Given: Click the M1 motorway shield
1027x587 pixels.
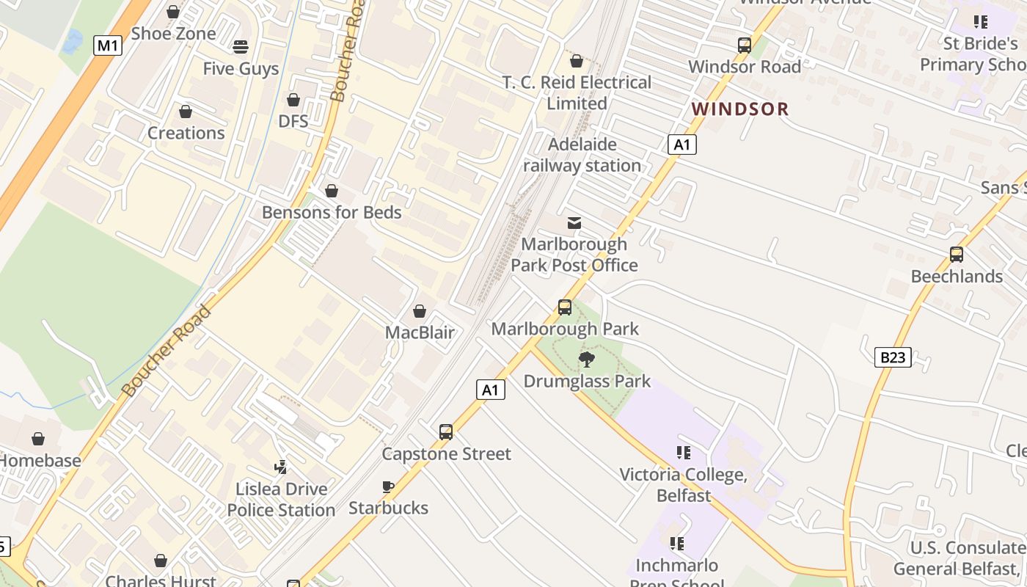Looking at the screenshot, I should point(108,46).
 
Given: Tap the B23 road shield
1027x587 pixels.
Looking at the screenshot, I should point(893,357).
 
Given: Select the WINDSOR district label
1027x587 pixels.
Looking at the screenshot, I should point(740,109).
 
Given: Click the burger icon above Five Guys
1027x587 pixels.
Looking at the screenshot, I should point(241,48).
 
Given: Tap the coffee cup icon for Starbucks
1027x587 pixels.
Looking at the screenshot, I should point(388,486).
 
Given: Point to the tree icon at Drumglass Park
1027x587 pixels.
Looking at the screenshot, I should point(586,360).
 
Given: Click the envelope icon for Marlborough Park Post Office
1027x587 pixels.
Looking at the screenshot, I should point(574,223).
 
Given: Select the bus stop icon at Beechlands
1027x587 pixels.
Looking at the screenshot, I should point(957,255).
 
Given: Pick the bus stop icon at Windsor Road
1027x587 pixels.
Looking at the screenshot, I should point(745,45).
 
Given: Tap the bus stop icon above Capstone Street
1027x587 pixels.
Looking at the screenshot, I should point(446,432).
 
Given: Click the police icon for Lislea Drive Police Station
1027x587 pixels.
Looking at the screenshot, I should point(280,467).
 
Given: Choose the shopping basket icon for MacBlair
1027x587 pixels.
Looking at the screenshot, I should point(420,312).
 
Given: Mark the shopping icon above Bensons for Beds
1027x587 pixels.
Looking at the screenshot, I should point(332,191).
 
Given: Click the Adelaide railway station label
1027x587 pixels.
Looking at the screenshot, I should point(582,155).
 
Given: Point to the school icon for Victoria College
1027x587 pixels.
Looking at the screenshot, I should point(684,453).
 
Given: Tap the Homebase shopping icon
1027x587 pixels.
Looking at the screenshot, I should point(38,440).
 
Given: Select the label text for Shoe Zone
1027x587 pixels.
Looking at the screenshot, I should point(173,34).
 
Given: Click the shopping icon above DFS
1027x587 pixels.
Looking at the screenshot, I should point(293,100).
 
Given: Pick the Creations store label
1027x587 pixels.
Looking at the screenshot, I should point(186,133).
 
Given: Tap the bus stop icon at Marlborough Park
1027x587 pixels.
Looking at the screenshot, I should point(565,307).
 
